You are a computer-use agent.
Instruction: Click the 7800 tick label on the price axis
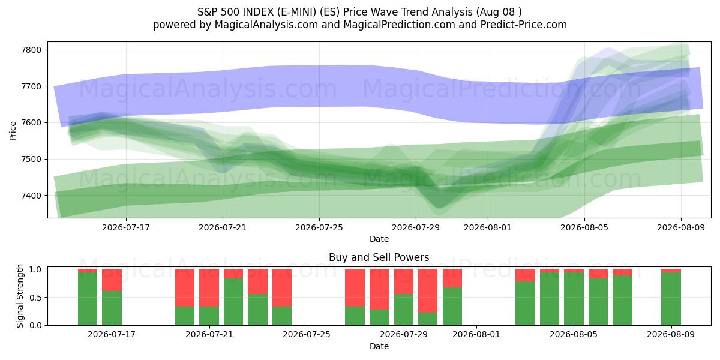click(31, 50)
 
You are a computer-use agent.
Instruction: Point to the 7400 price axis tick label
click(31, 196)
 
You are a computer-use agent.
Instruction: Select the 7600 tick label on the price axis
click(31, 123)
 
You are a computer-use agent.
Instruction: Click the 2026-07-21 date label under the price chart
click(223, 227)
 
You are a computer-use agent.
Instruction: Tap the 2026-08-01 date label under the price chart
click(488, 227)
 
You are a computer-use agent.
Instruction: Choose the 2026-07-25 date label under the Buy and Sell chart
click(307, 334)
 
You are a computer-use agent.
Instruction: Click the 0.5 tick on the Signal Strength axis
click(35, 298)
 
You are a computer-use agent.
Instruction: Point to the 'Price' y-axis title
click(13, 131)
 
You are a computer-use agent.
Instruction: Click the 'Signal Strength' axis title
click(20, 296)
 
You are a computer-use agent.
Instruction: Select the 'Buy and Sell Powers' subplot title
click(379, 257)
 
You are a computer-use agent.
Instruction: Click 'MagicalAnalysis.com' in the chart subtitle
click(266, 25)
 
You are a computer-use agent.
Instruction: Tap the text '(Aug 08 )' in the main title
click(499, 12)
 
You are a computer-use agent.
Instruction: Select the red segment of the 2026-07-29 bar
click(404, 281)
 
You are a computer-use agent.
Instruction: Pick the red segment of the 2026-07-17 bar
click(112, 280)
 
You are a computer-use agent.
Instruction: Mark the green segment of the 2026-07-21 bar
click(209, 316)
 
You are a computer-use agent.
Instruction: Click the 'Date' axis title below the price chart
click(379, 239)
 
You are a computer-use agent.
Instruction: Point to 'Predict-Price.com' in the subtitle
click(524, 25)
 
